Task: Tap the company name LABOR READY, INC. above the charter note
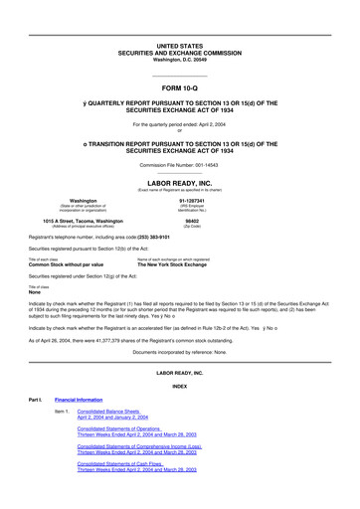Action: (x=179, y=183)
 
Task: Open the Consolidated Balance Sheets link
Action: (x=111, y=410)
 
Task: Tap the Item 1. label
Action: (x=62, y=410)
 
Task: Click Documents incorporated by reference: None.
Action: (x=179, y=352)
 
